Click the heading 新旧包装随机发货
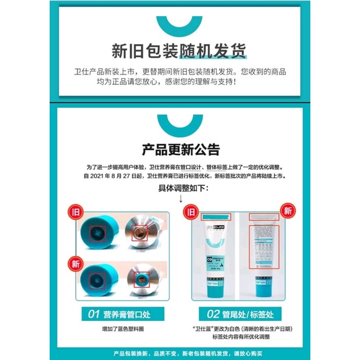pyautogui.click(x=180, y=50)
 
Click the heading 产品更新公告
pyautogui.click(x=180, y=150)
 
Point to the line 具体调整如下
pyautogui.click(x=180, y=188)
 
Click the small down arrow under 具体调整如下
pyautogui.click(x=180, y=199)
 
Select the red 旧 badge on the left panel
pyautogui.click(x=76, y=210)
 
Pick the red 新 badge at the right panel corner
pyautogui.click(x=287, y=210)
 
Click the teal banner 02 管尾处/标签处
pyautogui.click(x=238, y=314)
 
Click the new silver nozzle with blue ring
pyautogui.click(x=142, y=280)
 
